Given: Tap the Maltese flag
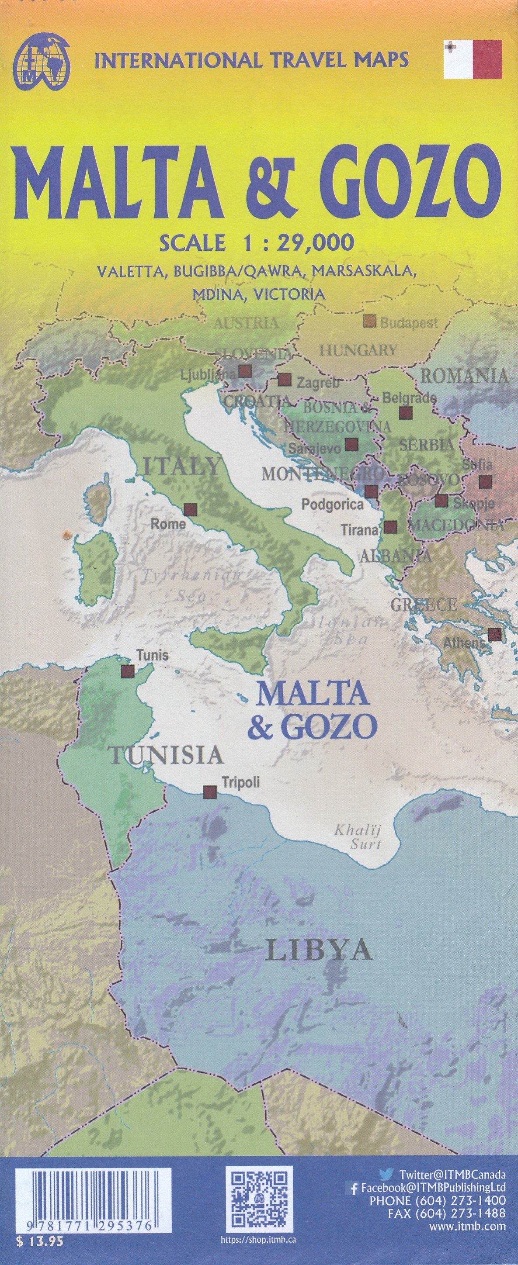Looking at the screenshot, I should [x=473, y=59].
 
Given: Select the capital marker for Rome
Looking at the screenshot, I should [x=191, y=510].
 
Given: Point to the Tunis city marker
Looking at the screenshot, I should [x=128, y=671].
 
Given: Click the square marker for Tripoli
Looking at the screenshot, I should [x=210, y=791].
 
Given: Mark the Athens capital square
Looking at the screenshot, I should [x=494, y=634].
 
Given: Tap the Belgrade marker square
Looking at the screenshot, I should [x=405, y=412].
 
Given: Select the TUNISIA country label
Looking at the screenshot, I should [x=167, y=755].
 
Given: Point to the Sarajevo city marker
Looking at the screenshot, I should [x=351, y=445].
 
